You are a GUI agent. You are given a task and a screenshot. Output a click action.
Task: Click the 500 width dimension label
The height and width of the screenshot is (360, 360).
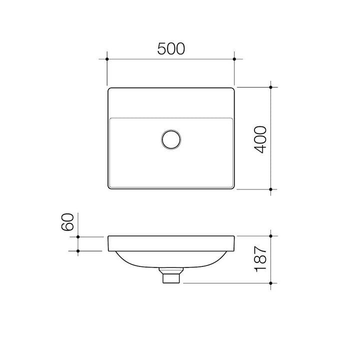(x=171, y=48)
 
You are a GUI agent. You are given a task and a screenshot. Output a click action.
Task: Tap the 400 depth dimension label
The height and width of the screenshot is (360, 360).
(x=260, y=139)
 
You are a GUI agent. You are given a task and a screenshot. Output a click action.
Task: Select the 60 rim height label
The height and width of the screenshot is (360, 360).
(x=67, y=222)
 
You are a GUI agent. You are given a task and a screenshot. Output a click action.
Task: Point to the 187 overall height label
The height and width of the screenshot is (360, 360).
(x=260, y=259)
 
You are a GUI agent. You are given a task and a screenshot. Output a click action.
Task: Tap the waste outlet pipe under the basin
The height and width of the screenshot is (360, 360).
(x=171, y=275)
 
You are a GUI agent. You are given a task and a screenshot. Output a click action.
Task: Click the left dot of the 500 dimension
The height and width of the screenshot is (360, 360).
(x=107, y=59)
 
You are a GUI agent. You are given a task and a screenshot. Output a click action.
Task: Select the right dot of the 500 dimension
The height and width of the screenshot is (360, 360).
(x=234, y=59)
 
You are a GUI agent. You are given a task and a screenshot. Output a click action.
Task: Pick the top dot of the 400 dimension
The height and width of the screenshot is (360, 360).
(x=270, y=87)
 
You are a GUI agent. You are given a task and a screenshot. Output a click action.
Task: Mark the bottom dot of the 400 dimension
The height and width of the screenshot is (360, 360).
(x=270, y=189)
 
